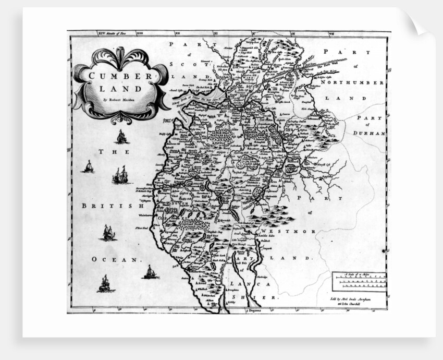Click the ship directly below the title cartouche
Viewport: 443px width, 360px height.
coord(121,137)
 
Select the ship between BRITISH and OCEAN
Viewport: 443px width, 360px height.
coord(108,233)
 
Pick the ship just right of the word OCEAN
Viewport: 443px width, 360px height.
coord(150,272)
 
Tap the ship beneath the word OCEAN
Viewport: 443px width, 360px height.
coord(104,284)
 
